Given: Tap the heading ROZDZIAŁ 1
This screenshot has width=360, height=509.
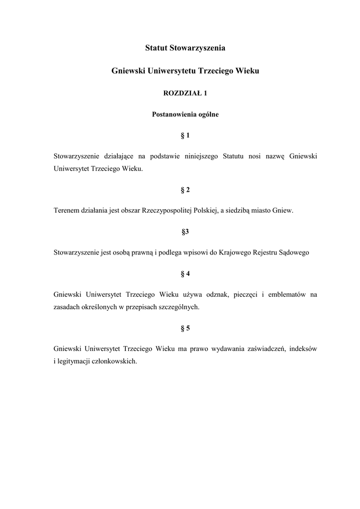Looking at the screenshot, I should pyautogui.click(x=185, y=93).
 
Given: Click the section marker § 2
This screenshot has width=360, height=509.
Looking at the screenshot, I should pyautogui.click(x=185, y=189).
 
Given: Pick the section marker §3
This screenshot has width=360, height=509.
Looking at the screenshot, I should pyautogui.click(x=185, y=231).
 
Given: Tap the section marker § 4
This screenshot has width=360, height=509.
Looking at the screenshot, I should pyautogui.click(x=185, y=273).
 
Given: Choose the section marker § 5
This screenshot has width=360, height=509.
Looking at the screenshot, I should pyautogui.click(x=185, y=328).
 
